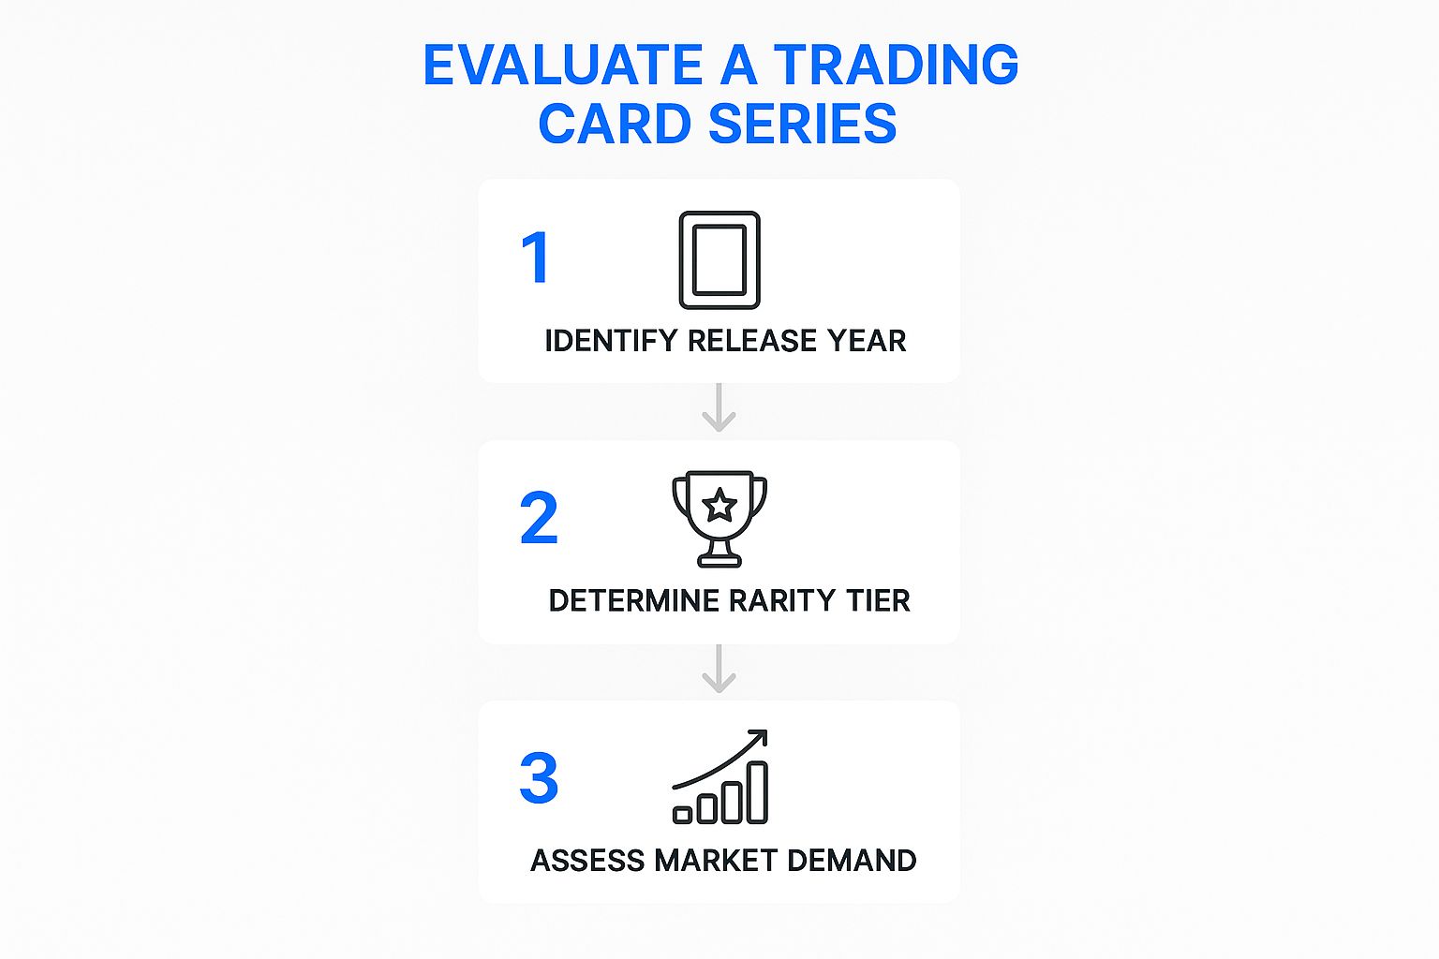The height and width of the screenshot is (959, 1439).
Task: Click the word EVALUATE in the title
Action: click(563, 65)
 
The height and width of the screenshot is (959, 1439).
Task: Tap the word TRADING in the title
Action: click(896, 65)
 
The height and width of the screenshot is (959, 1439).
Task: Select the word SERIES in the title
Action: click(802, 124)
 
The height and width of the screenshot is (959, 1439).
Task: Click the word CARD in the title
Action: click(616, 124)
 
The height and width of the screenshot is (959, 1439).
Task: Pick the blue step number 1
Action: click(535, 258)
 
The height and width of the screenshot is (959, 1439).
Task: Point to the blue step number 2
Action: click(539, 518)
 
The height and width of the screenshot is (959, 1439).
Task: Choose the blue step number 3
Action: click(539, 778)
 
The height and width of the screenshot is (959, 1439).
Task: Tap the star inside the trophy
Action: click(719, 506)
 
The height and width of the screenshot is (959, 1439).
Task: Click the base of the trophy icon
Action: click(719, 562)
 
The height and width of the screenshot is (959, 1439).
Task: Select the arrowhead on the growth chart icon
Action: click(759, 737)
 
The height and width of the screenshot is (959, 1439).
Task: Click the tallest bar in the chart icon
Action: click(758, 792)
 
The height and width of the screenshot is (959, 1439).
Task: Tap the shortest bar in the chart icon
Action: click(682, 815)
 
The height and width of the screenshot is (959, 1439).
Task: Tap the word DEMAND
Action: click(852, 861)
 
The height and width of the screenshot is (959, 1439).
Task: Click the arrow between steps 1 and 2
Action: click(719, 407)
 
